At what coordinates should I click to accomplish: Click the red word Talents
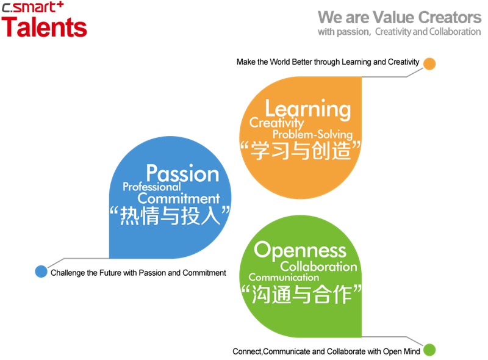[44, 27]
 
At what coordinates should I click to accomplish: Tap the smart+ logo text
[38, 8]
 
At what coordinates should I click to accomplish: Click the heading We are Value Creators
[400, 16]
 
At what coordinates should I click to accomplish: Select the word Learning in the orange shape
[307, 109]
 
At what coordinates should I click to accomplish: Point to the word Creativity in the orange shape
[276, 123]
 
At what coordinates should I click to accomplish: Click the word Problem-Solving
[312, 134]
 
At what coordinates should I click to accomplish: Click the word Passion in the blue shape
[182, 173]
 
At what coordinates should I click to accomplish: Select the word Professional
[152, 187]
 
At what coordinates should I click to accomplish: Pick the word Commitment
[179, 198]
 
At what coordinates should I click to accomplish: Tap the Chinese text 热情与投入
[168, 215]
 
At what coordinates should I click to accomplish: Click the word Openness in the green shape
[300, 250]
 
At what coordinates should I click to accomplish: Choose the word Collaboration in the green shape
[319, 267]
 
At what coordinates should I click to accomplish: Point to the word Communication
[284, 278]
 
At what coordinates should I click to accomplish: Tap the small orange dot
[429, 63]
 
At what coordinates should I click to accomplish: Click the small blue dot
[41, 272]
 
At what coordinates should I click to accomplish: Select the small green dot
[429, 350]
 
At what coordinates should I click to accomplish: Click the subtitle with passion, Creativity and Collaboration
[399, 32]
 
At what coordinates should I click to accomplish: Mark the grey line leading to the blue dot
[79, 259]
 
